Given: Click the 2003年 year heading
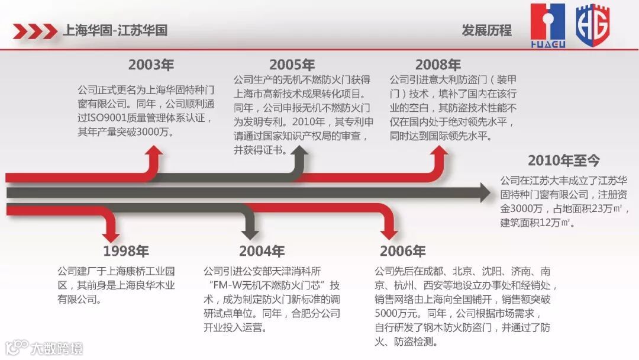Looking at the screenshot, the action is (x=151, y=65).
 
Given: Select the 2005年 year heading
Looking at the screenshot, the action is (x=292, y=65).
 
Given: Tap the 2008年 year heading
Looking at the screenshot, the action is (x=438, y=65).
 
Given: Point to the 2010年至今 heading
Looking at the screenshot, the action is (x=564, y=160).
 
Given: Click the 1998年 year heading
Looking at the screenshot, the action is (x=126, y=251).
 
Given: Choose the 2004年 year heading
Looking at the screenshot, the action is (x=262, y=251).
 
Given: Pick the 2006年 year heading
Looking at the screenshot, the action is (x=403, y=251).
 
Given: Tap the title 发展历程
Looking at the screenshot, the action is (x=486, y=30).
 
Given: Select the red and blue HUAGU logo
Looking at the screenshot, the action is (x=547, y=25).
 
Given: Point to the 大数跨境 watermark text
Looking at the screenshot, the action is (x=57, y=347).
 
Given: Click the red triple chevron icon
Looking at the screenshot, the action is (x=35, y=30).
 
